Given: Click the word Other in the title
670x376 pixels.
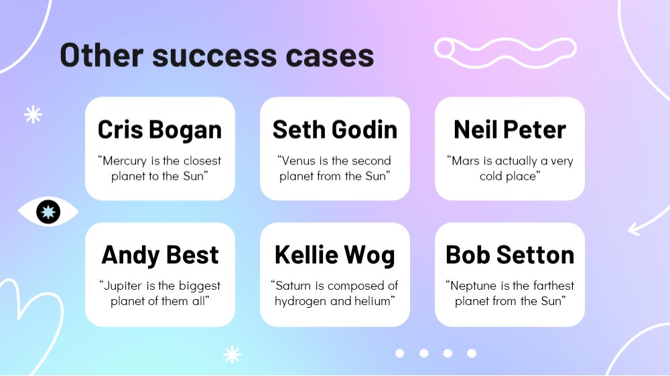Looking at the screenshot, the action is click(x=102, y=55).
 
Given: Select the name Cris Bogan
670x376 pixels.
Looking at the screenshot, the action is click(x=160, y=130).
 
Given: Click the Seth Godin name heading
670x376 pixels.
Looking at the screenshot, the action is click(x=335, y=129).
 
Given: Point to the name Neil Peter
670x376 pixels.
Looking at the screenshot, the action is click(x=510, y=129).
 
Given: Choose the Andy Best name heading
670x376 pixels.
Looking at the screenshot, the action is click(x=160, y=255).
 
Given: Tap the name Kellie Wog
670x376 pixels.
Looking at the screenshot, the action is click(x=334, y=255).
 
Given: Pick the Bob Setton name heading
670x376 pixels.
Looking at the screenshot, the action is click(x=510, y=255).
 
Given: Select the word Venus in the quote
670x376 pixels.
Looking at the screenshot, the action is click(x=297, y=161).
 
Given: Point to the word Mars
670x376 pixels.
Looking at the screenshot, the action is click(x=464, y=161).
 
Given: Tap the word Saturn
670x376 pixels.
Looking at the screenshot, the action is click(x=291, y=286).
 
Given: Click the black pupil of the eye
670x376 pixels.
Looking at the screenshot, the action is click(x=48, y=211).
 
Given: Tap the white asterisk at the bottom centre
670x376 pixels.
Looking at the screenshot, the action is click(x=232, y=354).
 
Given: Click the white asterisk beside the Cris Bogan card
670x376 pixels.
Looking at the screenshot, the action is click(x=33, y=115).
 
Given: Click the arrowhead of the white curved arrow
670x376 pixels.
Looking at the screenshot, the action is click(x=634, y=229).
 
